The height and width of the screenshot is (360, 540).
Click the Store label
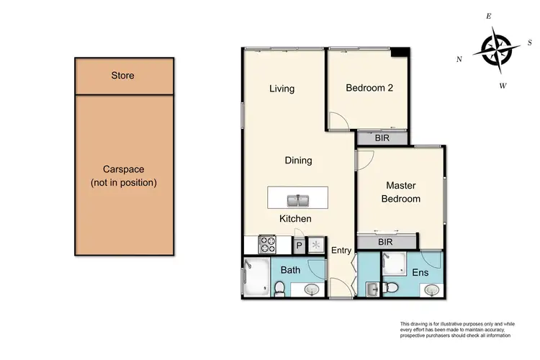[122, 76]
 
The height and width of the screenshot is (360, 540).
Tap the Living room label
[282, 89]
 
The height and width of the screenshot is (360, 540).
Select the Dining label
[298, 161]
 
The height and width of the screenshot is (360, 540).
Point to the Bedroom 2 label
[369, 89]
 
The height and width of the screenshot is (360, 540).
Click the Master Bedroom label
[401, 192]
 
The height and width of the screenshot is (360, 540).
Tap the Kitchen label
[295, 219]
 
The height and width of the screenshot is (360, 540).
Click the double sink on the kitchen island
[297, 198]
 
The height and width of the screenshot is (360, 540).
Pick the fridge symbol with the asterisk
[315, 246]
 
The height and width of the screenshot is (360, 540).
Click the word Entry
[340, 250]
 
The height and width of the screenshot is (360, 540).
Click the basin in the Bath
[312, 289]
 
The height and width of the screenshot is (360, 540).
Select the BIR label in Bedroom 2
[382, 138]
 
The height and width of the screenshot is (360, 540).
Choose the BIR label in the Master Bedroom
[385, 243]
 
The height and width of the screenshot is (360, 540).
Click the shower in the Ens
[394, 266]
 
